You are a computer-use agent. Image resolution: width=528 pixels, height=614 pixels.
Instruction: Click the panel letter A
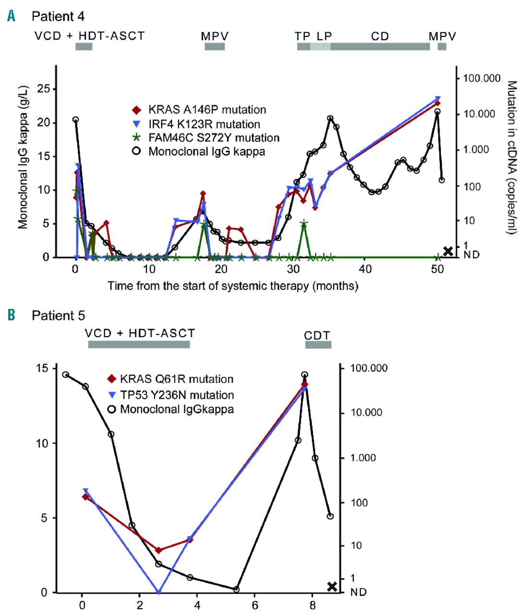[x=11, y=16]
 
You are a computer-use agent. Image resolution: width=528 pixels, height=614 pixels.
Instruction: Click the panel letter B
[x=11, y=315]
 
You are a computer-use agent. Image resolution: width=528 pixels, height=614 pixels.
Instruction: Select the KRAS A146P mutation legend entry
[x=200, y=110]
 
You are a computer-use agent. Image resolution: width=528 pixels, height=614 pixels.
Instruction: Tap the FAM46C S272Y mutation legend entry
[x=207, y=138]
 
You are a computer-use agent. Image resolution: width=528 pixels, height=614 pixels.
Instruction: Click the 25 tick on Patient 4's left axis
[x=43, y=89]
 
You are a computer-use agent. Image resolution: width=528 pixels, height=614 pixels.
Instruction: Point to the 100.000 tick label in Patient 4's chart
[x=481, y=78]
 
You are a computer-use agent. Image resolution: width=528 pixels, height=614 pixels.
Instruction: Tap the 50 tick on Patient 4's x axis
[x=437, y=269]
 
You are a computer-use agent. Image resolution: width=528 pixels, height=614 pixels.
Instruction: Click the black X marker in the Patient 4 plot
[x=448, y=251]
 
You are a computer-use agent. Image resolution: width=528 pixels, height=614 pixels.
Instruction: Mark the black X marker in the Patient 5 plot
[x=332, y=586]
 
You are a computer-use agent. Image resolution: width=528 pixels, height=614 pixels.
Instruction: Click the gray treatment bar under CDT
[x=318, y=344]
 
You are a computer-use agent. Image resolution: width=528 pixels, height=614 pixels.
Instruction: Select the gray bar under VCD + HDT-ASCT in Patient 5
[x=139, y=344]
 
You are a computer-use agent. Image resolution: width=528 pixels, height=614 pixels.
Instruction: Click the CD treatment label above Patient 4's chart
[x=380, y=36]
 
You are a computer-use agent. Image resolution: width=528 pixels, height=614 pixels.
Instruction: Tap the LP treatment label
[x=324, y=36]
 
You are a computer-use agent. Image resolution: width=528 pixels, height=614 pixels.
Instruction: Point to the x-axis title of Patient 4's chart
[x=233, y=286]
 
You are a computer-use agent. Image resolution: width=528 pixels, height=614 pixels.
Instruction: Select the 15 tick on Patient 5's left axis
[x=42, y=368]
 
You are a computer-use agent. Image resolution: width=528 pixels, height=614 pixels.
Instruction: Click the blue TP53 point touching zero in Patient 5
[x=159, y=592]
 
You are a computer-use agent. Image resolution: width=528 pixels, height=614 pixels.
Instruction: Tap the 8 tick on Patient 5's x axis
[x=312, y=605]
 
